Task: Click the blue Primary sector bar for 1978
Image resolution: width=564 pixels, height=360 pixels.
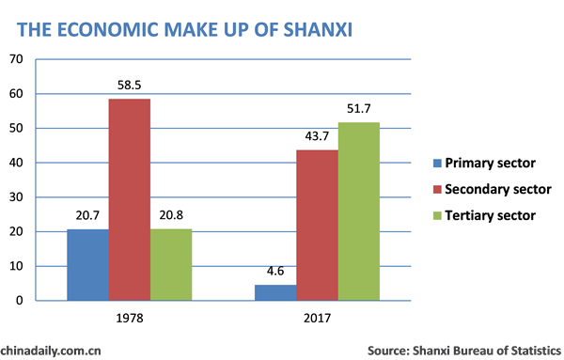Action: pyautogui.click(x=87, y=265)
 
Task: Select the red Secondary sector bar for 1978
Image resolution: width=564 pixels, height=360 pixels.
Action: pyautogui.click(x=129, y=199)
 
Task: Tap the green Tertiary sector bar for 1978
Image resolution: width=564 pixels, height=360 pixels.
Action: pyautogui.click(x=170, y=265)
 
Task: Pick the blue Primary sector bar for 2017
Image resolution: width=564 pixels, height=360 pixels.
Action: pyautogui.click(x=275, y=292)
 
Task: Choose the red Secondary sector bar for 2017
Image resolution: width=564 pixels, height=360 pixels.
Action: pyautogui.click(x=318, y=226)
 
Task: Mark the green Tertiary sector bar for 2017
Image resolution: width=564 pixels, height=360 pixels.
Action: pyautogui.click(x=359, y=211)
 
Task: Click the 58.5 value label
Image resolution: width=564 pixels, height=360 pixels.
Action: pyautogui.click(x=129, y=84)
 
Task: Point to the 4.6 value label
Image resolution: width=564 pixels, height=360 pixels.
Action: pyautogui.click(x=275, y=271)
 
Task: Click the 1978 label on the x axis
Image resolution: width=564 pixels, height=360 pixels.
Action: pyautogui.click(x=129, y=319)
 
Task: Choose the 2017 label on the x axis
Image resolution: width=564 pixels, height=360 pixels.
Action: pyautogui.click(x=318, y=319)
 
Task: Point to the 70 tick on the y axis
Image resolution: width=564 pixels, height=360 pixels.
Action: pyautogui.click(x=16, y=59)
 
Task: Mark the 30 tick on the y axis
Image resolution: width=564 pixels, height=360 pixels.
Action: pyautogui.click(x=16, y=197)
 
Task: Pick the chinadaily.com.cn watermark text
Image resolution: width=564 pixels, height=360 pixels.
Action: pyautogui.click(x=51, y=350)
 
